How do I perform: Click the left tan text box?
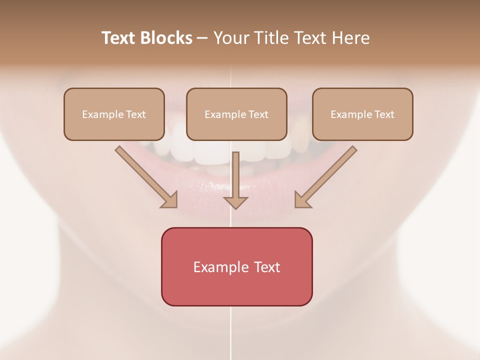pos(114,114)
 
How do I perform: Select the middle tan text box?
pos(236,114)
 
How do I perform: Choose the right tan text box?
pos(362,114)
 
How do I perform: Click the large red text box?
pos(236,266)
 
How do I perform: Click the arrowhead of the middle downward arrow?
pos(235,202)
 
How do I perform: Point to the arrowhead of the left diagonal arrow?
pos(170,200)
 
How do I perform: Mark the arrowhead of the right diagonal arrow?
pos(301,200)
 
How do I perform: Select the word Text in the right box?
pos(384,114)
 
